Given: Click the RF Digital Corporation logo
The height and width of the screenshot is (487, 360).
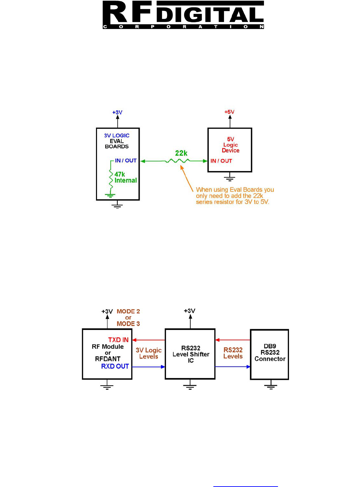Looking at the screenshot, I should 183,15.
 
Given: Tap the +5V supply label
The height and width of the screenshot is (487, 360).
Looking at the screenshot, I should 229,112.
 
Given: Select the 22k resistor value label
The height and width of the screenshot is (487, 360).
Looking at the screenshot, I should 181,153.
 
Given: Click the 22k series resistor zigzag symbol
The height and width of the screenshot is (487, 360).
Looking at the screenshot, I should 178,161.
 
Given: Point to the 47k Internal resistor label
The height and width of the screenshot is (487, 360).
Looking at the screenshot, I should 125,177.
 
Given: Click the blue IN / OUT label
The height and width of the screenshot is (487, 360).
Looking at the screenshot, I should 126,161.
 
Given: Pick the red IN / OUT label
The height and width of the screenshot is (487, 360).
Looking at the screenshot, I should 221,161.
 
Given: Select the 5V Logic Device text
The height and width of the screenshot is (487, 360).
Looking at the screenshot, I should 231,145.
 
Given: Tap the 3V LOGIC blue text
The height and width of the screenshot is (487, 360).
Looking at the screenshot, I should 117,136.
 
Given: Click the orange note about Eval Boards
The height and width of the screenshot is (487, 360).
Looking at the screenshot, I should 235,196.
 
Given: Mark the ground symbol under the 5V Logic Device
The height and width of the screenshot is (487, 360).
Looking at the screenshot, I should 230,178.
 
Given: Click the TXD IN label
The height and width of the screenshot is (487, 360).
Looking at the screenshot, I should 118,340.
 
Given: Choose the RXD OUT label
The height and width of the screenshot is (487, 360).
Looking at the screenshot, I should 115,366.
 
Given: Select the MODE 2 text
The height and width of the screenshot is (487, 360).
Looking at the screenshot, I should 128,311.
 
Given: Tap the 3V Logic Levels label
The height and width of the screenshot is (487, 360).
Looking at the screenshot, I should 149,353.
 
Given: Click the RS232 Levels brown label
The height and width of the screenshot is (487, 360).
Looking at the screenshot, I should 233,353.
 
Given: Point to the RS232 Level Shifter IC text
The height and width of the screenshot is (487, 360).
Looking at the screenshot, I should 191,354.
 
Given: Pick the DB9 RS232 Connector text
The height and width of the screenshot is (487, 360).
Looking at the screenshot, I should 270,353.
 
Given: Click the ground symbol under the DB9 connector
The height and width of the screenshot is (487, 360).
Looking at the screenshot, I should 271,386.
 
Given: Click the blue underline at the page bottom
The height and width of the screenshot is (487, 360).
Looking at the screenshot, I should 245,486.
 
